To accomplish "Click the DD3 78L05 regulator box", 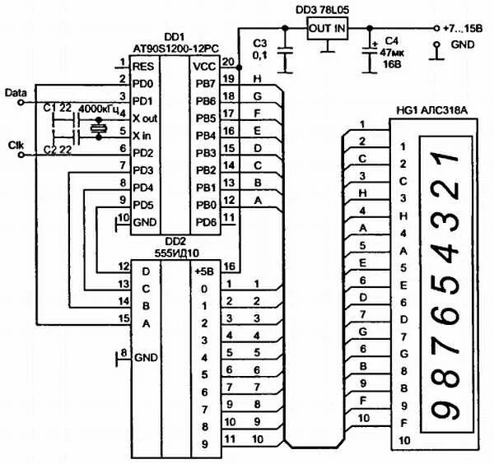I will click(328, 28).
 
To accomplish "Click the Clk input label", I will click(16, 145).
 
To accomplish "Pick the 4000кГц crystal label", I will click(98, 109).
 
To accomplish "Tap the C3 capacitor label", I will click(261, 42).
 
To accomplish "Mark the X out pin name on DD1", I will click(145, 118).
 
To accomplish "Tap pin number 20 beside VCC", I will click(227, 62).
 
